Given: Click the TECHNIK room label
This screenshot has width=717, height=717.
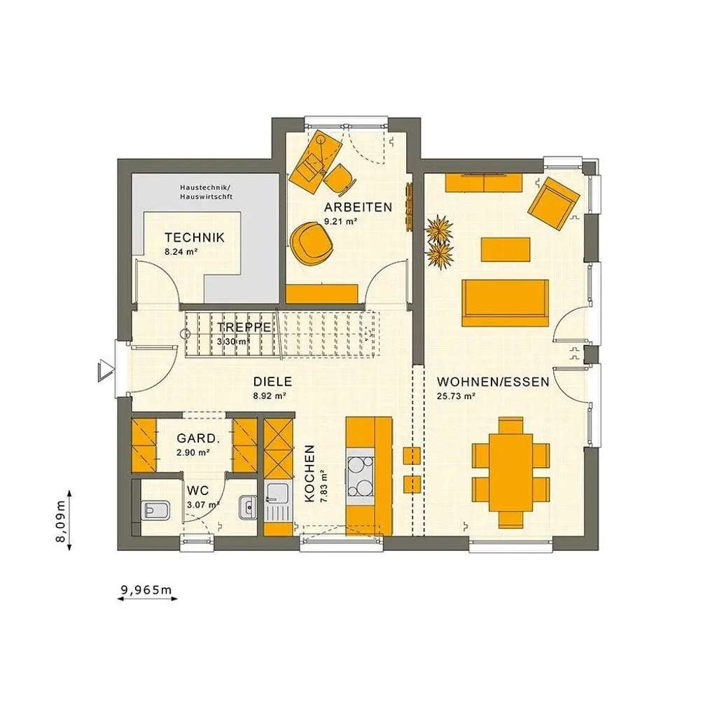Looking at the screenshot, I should pyautogui.click(x=195, y=237).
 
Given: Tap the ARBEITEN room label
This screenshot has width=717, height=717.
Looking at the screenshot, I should pyautogui.click(x=357, y=207).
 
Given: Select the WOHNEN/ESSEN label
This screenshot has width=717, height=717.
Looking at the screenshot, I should pyautogui.click(x=493, y=382).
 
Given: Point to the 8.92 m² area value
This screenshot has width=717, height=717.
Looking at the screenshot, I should pyautogui.click(x=270, y=396).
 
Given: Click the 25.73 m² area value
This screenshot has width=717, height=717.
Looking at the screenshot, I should pyautogui.click(x=457, y=396).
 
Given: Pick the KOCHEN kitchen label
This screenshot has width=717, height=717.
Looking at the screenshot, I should pyautogui.click(x=309, y=473).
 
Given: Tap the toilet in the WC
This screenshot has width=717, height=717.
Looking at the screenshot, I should pyautogui.click(x=155, y=509).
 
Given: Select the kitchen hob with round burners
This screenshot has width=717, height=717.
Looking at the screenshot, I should pyautogui.click(x=361, y=477).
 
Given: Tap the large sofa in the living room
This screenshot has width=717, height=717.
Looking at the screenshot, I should pyautogui.click(x=505, y=302).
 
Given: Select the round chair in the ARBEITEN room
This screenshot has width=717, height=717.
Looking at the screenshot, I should pyautogui.click(x=312, y=242).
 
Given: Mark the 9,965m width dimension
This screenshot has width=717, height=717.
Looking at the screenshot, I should pyautogui.click(x=146, y=590).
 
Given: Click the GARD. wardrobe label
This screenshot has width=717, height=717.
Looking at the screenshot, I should pyautogui.click(x=198, y=438).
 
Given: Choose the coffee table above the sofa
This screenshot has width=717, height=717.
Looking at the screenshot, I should pyautogui.click(x=505, y=249).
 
